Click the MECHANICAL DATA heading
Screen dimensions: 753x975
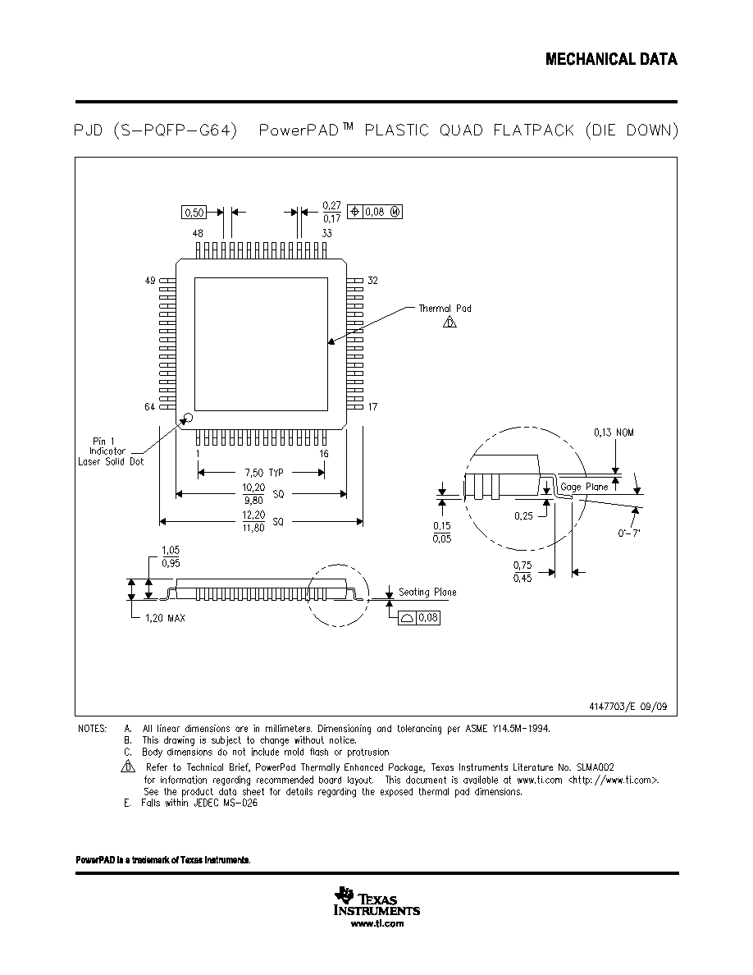click(611, 59)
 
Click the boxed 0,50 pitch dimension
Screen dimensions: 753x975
click(194, 213)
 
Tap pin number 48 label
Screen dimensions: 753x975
click(198, 233)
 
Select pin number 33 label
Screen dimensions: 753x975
click(326, 233)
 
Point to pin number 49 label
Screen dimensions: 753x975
click(150, 281)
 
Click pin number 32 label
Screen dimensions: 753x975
click(372, 281)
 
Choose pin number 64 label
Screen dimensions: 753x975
click(150, 407)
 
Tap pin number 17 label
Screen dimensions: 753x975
click(372, 407)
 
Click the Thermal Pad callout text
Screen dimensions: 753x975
click(445, 309)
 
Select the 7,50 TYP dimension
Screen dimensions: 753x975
click(268, 473)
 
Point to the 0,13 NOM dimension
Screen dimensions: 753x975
click(614, 433)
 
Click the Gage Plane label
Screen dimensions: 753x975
click(584, 487)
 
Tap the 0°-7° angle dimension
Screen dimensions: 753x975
click(629, 533)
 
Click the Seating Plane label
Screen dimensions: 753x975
click(427, 592)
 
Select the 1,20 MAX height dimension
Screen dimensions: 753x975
click(165, 618)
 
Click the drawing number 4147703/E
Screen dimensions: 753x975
click(628, 707)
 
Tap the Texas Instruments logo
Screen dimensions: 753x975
click(377, 902)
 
